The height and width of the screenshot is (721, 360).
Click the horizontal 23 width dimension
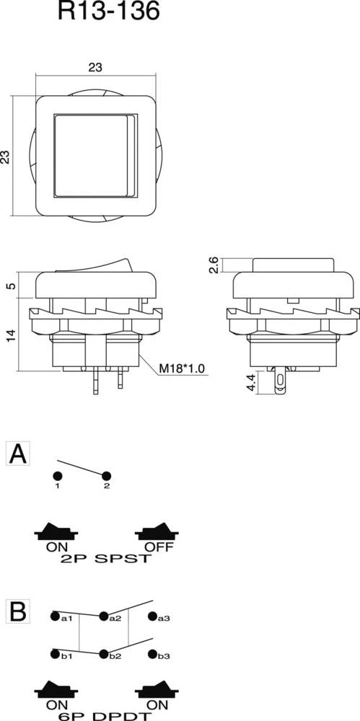pos(95,67)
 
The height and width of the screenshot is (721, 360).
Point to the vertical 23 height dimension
pos(6,156)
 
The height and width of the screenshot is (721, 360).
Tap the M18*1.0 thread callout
pos(182,369)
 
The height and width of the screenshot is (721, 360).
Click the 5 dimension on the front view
pos(10,286)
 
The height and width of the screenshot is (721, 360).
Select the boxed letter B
pos(18,611)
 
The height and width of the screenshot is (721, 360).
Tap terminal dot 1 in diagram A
pos(56,477)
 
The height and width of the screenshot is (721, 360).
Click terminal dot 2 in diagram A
pos(107,477)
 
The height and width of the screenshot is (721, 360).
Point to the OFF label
pos(158,546)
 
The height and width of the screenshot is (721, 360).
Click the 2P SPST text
pos(107,559)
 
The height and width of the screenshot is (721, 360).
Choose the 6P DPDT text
pos(107,716)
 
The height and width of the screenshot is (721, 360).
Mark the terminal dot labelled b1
pos(56,655)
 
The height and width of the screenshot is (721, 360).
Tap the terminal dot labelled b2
pos(104,655)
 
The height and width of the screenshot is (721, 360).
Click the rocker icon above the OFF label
pos(157,531)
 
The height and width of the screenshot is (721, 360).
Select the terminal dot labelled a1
pos(56,616)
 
